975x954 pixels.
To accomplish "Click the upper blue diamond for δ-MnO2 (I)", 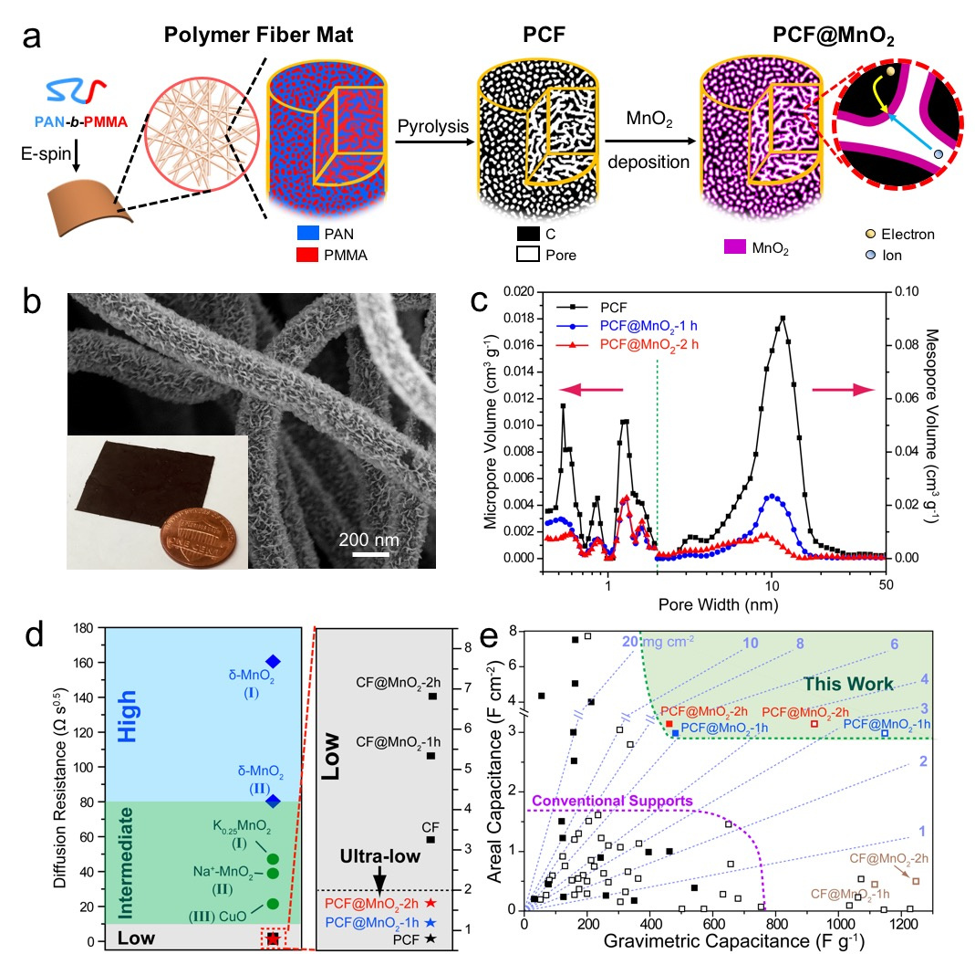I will coord(273,661).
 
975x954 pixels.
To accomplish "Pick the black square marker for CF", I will coord(431,839).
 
